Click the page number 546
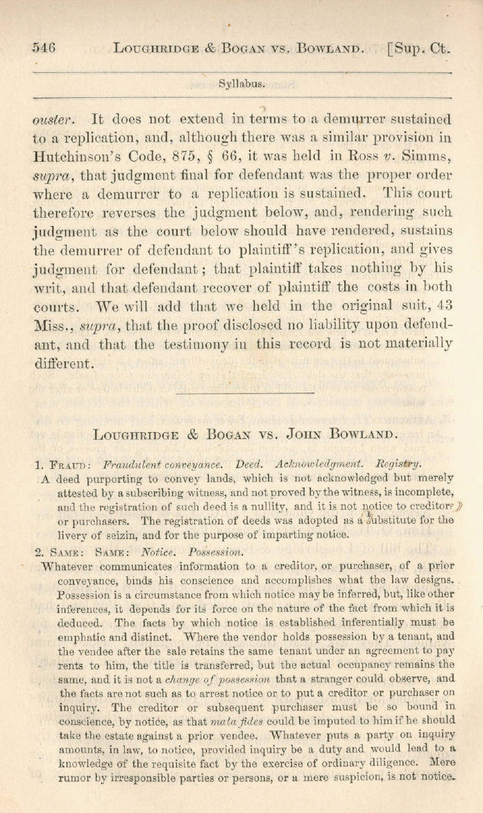[x=44, y=48]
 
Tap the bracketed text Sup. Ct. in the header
[x=421, y=49]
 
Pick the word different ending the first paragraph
[x=62, y=362]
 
